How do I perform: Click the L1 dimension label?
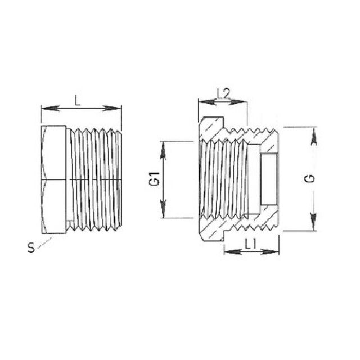pos(251,242)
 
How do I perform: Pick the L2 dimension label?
pos(223,93)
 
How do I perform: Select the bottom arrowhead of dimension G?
pos(313,224)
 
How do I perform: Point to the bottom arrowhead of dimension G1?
pos(164,212)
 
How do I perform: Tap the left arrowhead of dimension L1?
pos(228,251)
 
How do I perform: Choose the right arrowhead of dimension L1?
pos(275,251)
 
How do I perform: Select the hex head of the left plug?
pos(55,179)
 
